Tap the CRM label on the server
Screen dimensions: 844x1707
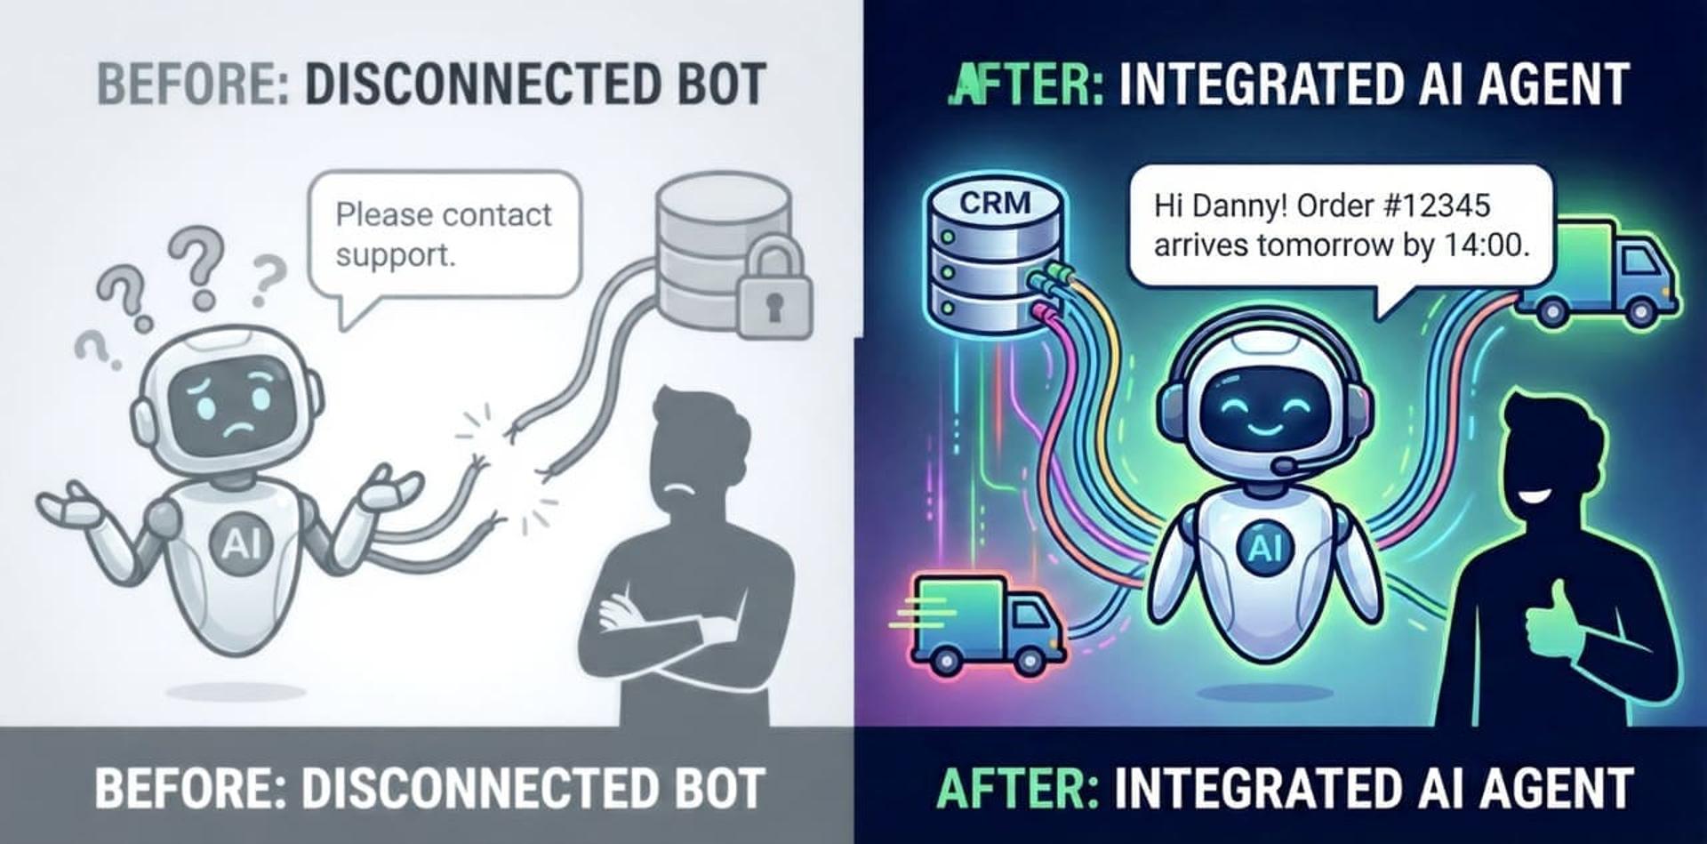(x=995, y=203)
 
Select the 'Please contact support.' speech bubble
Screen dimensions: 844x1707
(x=444, y=235)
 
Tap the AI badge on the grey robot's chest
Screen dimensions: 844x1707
(x=236, y=543)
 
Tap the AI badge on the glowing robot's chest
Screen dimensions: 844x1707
(x=1264, y=546)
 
